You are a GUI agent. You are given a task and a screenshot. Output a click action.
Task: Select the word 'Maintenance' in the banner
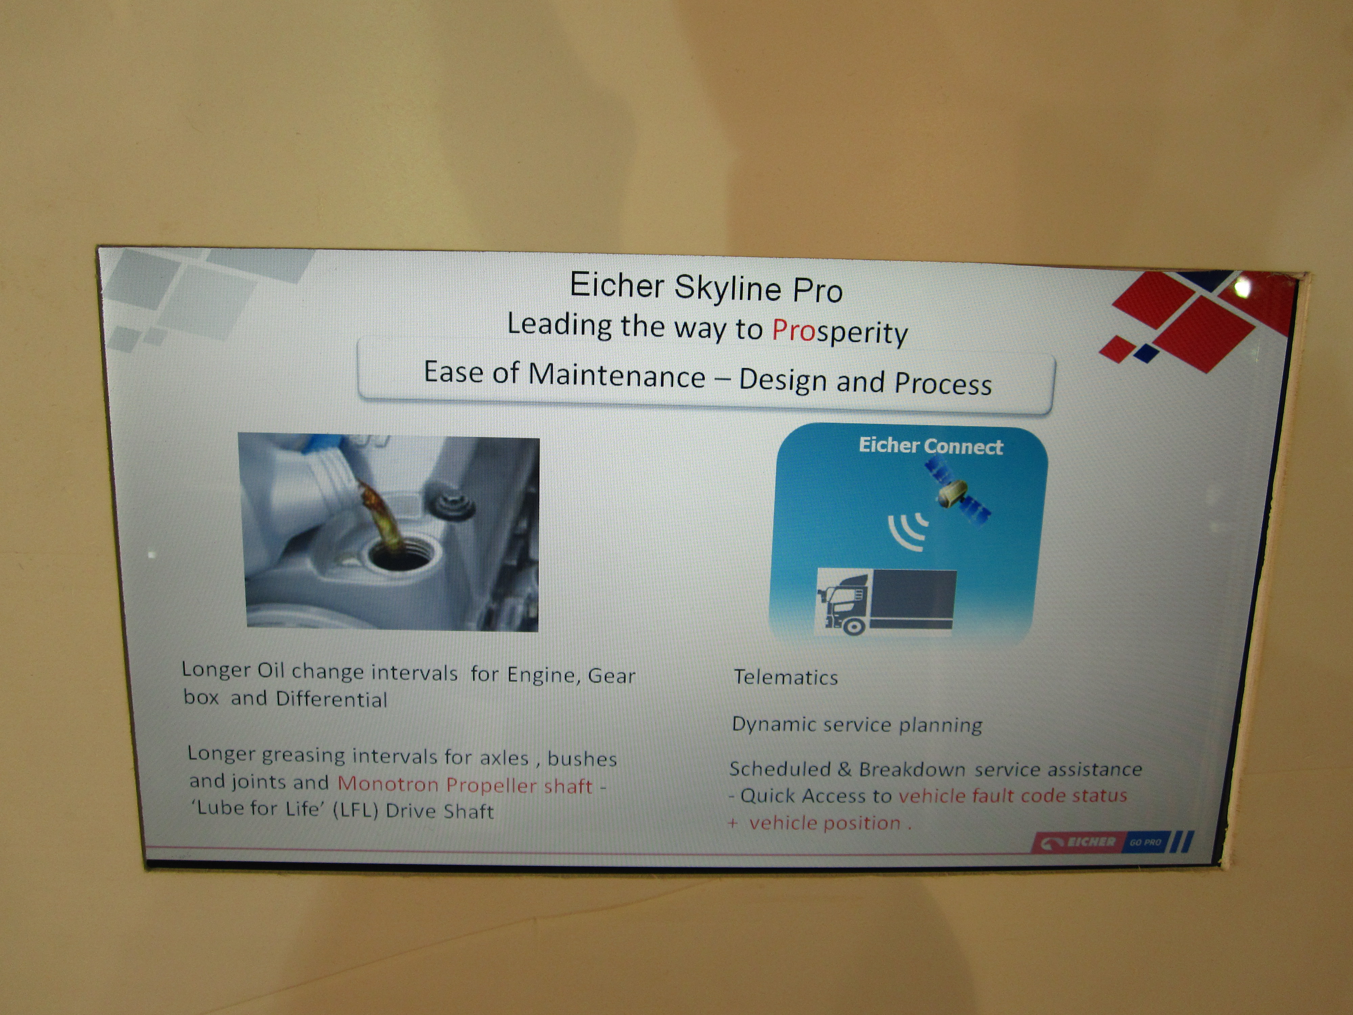[x=617, y=375]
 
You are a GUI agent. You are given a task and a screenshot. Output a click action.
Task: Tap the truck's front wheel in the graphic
[x=853, y=626]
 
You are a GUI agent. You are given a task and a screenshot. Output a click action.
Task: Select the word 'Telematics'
[x=785, y=677]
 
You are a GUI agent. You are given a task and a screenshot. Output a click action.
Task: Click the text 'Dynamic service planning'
[x=857, y=724]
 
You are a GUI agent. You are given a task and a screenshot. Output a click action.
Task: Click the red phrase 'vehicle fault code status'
[x=1012, y=795]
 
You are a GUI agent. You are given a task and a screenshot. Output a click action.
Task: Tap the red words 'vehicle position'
[x=825, y=823]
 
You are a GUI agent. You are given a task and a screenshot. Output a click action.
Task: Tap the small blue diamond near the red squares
[x=1146, y=353]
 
